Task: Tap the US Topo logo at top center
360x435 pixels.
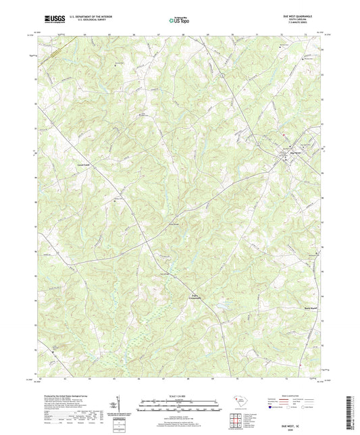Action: click(x=178, y=20)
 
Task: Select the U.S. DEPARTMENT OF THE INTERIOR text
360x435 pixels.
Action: click(x=86, y=16)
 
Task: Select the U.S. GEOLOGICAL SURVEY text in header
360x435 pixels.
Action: click(x=82, y=20)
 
